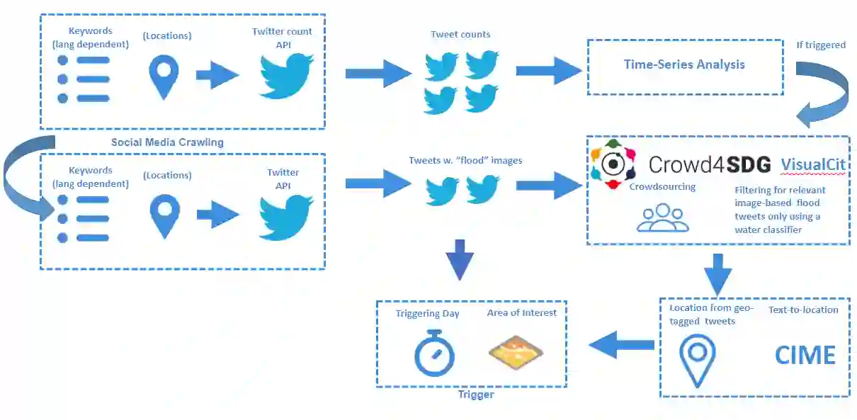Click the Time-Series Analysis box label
click(x=684, y=64)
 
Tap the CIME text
click(x=805, y=354)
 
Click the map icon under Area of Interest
click(x=516, y=352)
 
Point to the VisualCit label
click(x=813, y=164)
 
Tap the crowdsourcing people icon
click(x=662, y=217)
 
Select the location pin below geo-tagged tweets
click(x=697, y=360)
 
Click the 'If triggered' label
click(x=821, y=45)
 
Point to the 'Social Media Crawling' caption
click(x=167, y=142)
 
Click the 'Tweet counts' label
click(x=460, y=34)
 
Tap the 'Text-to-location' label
click(x=803, y=310)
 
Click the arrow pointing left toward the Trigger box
click(x=621, y=346)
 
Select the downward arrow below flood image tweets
click(x=460, y=259)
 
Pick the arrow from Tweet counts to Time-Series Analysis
click(x=547, y=71)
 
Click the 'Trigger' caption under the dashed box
click(x=476, y=395)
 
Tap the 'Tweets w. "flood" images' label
click(x=465, y=161)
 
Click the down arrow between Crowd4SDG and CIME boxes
click(x=718, y=273)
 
